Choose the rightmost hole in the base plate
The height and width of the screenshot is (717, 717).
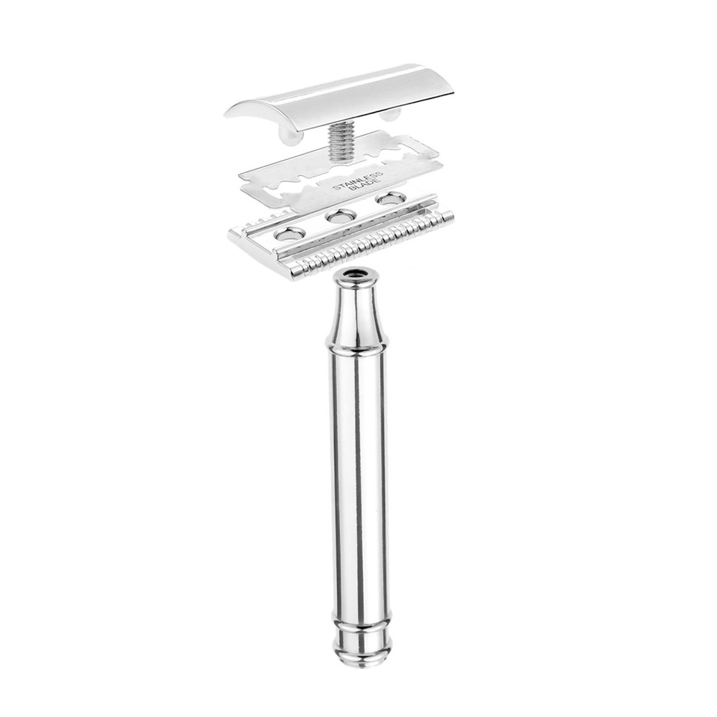point(390,198)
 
